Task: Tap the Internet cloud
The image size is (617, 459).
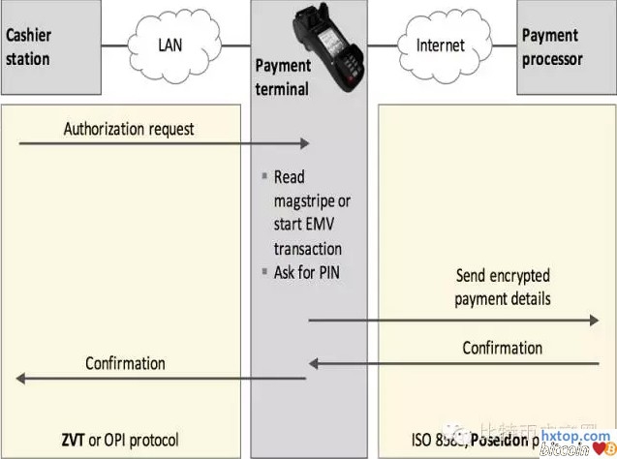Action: coord(440,45)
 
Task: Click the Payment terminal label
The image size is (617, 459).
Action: coord(282,77)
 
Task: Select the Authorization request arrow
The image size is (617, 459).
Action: coord(163,144)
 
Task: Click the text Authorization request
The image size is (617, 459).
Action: coord(129,128)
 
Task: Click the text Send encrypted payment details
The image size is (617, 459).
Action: coord(502,287)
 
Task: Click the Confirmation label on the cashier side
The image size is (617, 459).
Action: coord(125,363)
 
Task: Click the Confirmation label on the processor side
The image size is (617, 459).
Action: coord(502,347)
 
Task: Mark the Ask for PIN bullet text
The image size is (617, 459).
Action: coord(307,272)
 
